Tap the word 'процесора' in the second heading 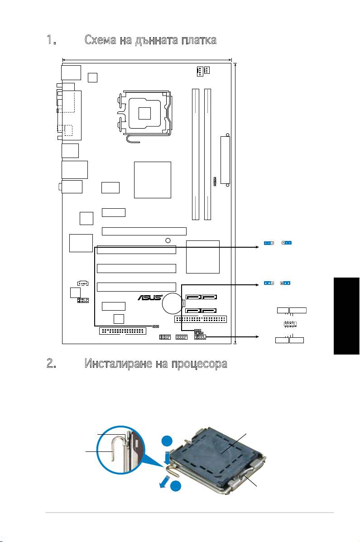click(199, 364)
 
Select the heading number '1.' click(51, 40)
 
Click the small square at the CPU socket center click(144, 112)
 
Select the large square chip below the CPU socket click(153, 179)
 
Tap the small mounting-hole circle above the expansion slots click(168, 240)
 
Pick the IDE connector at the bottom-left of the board click(122, 331)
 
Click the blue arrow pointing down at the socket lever click(168, 457)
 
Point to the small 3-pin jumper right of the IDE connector click(155, 326)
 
